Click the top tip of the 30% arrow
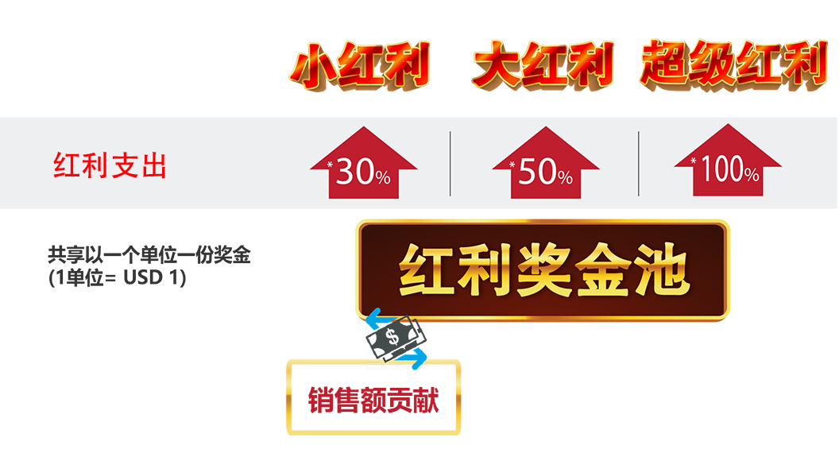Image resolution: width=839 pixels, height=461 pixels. point(364,127)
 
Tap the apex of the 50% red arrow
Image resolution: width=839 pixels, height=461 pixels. point(546,127)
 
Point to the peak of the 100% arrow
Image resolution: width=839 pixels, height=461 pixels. point(729,124)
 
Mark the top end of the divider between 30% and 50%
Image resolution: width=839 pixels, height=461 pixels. point(450,132)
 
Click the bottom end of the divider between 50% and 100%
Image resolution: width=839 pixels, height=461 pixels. point(638,196)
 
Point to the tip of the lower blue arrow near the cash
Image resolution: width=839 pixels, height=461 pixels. point(426,358)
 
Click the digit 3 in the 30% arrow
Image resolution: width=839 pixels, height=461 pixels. point(345,172)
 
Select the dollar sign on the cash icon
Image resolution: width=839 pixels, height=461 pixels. point(392,337)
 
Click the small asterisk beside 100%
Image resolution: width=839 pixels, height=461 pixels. point(694,161)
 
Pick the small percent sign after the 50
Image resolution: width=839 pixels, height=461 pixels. point(565,176)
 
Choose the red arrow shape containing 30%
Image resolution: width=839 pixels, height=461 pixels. point(364,163)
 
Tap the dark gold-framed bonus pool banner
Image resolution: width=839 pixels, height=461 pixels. point(543,270)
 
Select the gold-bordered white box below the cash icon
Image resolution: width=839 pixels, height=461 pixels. point(373,397)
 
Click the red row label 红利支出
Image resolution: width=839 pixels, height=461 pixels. point(110,165)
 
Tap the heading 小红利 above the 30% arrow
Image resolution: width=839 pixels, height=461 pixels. point(360,65)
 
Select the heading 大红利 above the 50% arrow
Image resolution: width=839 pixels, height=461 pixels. point(543,64)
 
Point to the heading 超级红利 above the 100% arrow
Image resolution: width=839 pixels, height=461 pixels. point(734,64)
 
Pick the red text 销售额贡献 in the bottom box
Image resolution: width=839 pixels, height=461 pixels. point(373,400)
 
